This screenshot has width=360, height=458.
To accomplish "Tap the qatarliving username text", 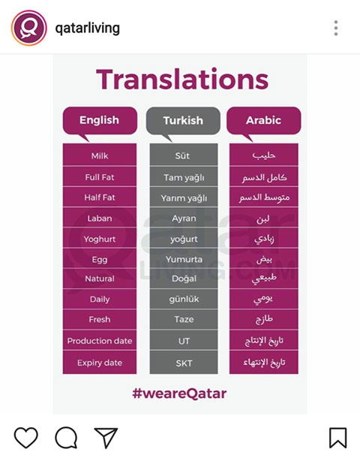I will pos(87,29).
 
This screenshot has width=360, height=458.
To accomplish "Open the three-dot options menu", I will pos(335,29).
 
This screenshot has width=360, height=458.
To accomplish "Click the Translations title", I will pos(182,79).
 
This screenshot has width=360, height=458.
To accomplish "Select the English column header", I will pos(99,119).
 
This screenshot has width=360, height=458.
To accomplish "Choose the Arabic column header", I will pos(263,119).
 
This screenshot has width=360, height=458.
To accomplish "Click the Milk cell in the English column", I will pos(100,156).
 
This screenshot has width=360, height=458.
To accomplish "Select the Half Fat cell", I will pos(100,197).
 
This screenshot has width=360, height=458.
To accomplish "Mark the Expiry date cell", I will pos(100,363).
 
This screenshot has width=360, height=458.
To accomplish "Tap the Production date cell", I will pos(100,341).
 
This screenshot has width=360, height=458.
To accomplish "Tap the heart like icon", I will pos(26,437).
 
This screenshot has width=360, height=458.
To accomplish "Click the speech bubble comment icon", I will pos(66,437).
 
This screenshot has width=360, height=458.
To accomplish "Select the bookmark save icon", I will pos(337,438).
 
